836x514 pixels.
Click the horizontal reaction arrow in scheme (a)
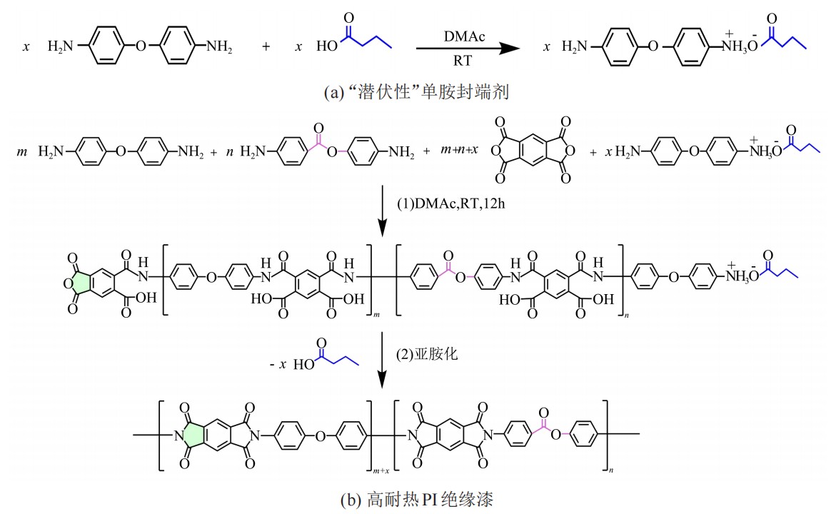pyautogui.click(x=467, y=48)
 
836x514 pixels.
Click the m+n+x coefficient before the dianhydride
pyautogui.click(x=453, y=152)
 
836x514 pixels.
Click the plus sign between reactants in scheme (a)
pyautogui.click(x=266, y=48)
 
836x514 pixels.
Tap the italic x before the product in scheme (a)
pyautogui.click(x=545, y=48)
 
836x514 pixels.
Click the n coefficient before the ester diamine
pyautogui.click(x=230, y=152)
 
